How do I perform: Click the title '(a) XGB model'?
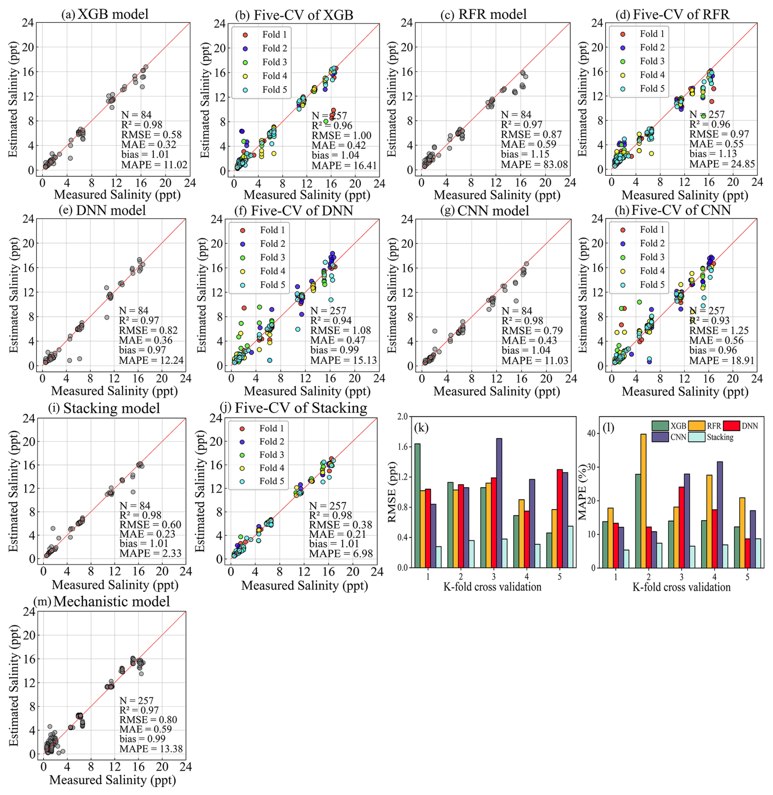coord(105,14)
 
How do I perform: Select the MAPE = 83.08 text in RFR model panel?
coord(534,164)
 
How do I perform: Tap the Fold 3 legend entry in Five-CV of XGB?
coord(274,62)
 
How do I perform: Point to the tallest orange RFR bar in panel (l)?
coord(643,500)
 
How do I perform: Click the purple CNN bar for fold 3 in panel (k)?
coord(499,503)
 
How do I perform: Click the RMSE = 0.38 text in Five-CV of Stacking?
coord(340,524)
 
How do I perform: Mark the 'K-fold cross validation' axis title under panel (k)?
coord(492,587)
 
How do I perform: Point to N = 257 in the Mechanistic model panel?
coord(136,701)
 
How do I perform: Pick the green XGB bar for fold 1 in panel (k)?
coord(417,505)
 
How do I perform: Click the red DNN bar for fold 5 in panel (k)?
coord(548,518)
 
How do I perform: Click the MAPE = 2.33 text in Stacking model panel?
coord(150,553)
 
